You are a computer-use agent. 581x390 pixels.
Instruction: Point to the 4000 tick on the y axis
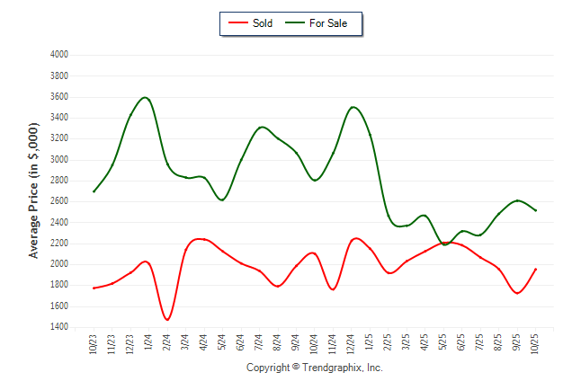click(58, 55)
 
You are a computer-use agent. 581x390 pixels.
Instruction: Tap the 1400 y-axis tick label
click(58, 327)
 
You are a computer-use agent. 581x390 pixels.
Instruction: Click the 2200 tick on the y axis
click(58, 244)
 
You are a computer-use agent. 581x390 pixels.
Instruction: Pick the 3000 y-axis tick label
click(58, 159)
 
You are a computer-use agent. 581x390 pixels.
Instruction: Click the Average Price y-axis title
click(33, 191)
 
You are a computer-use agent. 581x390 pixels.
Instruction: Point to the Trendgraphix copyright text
click(315, 368)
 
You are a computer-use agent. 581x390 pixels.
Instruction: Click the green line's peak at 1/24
click(145, 97)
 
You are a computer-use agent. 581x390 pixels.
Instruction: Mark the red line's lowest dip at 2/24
click(167, 319)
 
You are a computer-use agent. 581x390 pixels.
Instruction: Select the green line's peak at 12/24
click(353, 107)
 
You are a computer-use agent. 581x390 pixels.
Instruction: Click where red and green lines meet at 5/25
click(444, 243)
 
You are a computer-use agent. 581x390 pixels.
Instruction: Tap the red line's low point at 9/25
click(517, 293)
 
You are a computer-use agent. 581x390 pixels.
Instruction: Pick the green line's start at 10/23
click(94, 191)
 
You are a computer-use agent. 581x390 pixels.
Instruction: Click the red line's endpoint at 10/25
click(536, 269)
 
